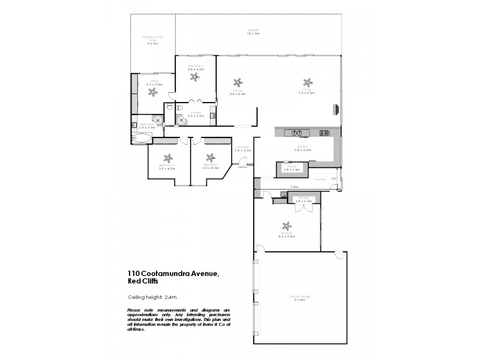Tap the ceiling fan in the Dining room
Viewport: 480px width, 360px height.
(238, 83)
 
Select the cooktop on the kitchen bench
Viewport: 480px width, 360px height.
(325, 132)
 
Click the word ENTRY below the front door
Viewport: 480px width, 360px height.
(242, 167)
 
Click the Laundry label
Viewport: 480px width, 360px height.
(320, 178)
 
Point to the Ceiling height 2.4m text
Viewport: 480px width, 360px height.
(152, 298)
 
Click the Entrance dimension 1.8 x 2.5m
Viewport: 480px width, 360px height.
(243, 149)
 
